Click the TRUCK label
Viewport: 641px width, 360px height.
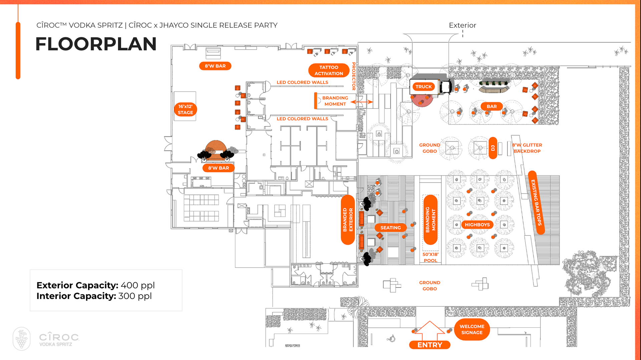[424, 87]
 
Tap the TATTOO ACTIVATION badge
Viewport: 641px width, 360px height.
[329, 70]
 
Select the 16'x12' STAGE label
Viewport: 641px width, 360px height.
[185, 109]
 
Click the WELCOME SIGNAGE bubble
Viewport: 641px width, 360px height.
[472, 329]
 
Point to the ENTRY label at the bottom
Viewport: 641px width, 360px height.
[430, 345]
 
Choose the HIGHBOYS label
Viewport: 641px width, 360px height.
[477, 225]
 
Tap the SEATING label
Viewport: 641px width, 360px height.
[391, 228]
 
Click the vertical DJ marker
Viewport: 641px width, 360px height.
[493, 148]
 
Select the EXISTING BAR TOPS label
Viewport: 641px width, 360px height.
[536, 203]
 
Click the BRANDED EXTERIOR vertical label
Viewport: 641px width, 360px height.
[348, 220]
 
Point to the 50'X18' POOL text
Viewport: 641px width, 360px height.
[430, 257]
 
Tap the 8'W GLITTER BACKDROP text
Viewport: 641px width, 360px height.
[527, 148]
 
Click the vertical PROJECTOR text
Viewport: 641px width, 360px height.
[354, 76]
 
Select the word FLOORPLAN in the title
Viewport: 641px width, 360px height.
[96, 44]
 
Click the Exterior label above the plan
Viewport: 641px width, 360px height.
[462, 25]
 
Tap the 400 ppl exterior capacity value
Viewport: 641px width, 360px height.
[138, 286]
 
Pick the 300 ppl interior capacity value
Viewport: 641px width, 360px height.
[135, 296]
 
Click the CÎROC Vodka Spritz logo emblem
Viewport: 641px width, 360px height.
[22, 339]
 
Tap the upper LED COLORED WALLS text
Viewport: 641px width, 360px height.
[302, 82]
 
